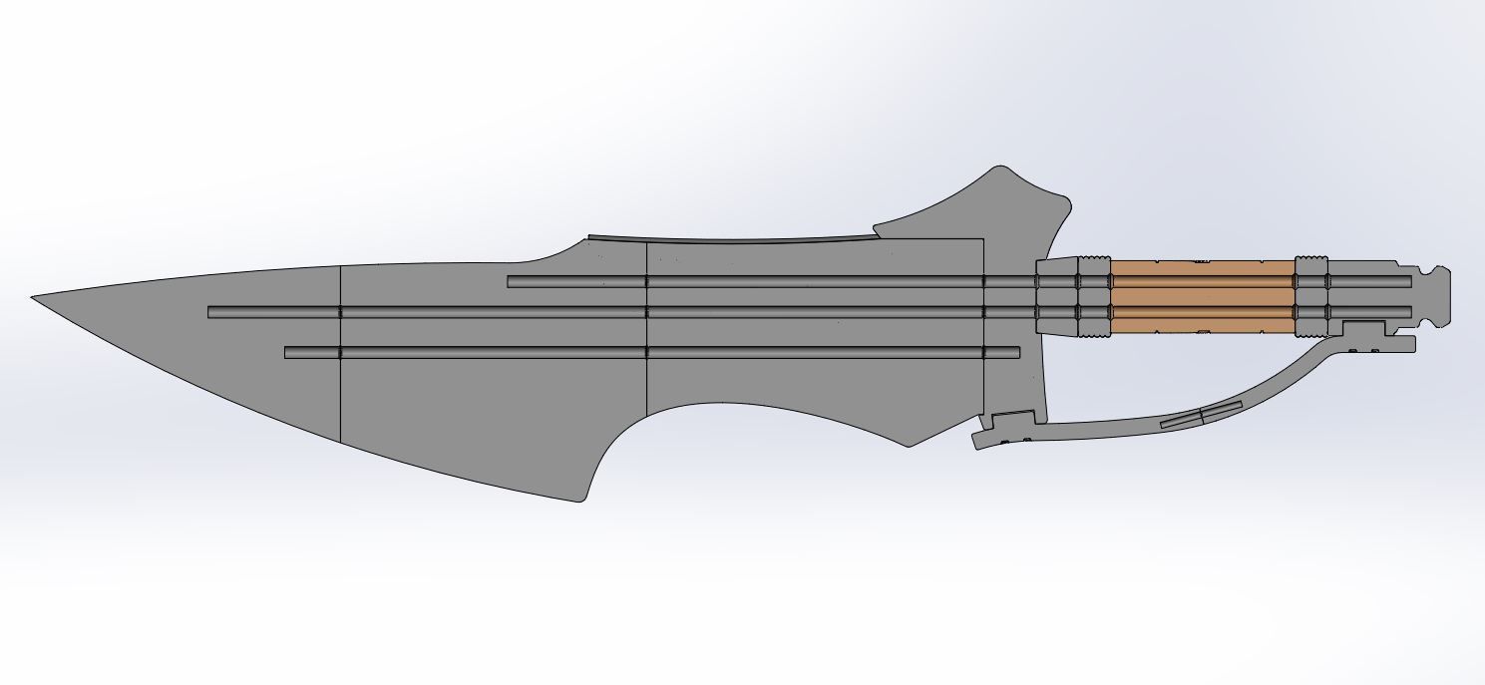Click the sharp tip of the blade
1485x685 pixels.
(34, 297)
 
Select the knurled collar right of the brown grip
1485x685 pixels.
(1311, 296)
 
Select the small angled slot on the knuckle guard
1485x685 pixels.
(1201, 416)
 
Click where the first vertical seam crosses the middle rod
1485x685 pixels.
(341, 312)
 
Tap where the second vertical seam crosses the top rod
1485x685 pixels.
(647, 282)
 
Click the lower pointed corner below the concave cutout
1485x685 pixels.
(908, 445)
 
